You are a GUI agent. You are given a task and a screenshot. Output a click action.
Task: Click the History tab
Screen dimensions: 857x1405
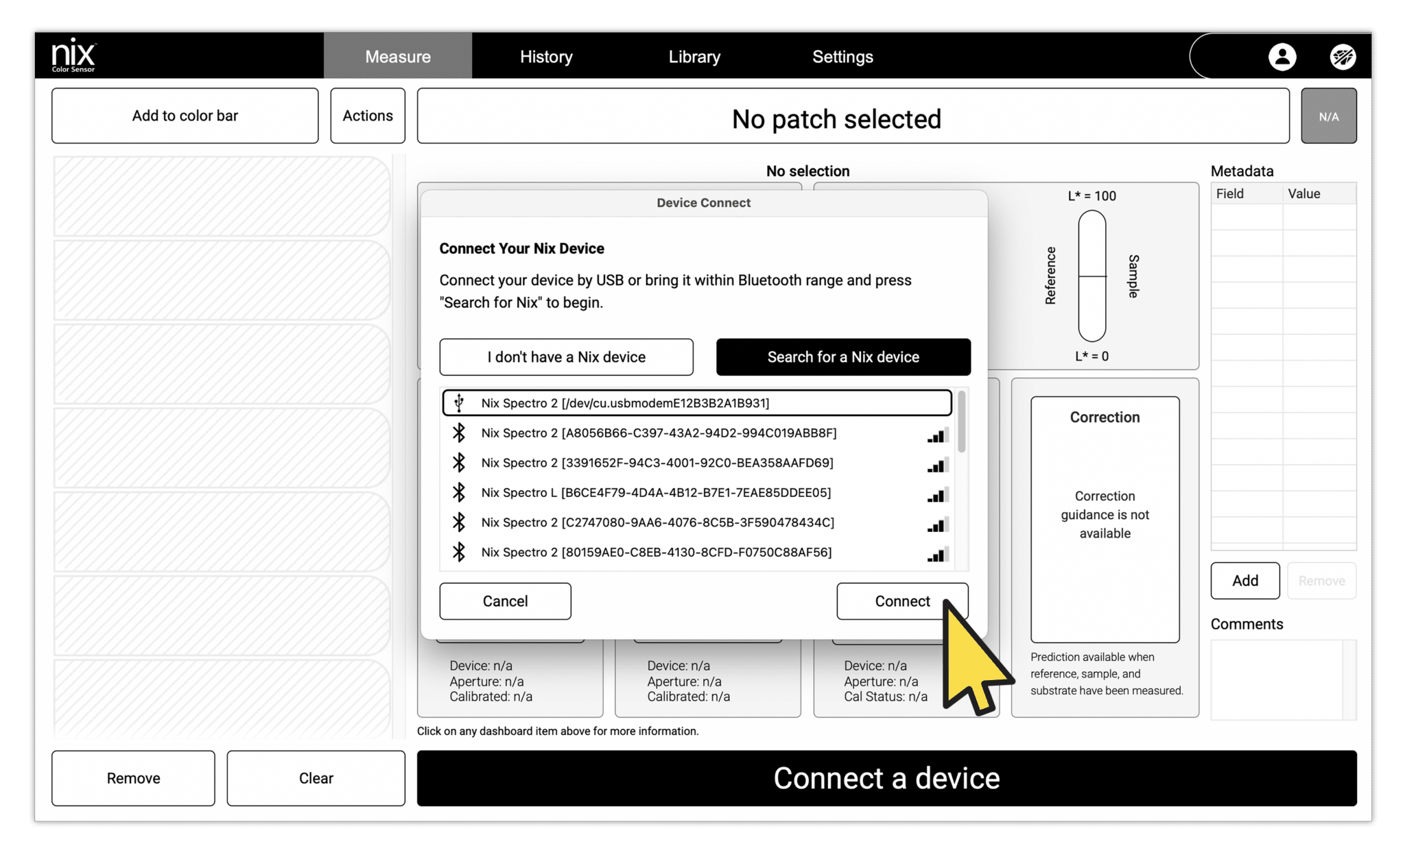click(x=546, y=56)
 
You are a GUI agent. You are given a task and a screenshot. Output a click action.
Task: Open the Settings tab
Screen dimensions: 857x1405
click(x=842, y=56)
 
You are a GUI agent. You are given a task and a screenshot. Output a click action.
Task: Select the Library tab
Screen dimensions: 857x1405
click(x=694, y=56)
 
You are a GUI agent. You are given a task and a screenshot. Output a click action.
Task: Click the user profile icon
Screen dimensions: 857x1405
click(x=1282, y=57)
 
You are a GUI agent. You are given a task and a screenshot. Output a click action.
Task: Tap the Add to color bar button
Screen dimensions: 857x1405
click(x=185, y=115)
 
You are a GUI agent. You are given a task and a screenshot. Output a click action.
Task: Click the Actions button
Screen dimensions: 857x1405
click(x=368, y=115)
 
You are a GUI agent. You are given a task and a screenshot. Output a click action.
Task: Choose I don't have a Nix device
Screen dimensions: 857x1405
click(x=566, y=357)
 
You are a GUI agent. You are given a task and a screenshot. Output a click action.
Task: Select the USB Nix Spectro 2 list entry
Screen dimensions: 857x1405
click(x=696, y=403)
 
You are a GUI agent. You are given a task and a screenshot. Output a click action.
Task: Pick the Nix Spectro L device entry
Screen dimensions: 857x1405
click(x=655, y=492)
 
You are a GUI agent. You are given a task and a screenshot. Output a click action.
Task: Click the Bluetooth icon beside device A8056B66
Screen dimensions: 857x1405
click(x=459, y=433)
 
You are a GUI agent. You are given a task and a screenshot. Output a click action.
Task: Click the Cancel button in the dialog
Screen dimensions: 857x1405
click(x=505, y=601)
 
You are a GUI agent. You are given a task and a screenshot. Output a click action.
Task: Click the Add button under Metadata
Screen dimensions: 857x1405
click(x=1244, y=581)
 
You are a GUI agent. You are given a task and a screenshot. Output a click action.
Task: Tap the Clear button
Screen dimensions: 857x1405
click(x=316, y=778)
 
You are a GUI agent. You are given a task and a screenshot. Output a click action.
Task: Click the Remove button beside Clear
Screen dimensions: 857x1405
click(x=133, y=778)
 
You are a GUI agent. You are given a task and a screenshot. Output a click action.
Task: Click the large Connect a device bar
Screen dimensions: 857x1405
click(x=886, y=778)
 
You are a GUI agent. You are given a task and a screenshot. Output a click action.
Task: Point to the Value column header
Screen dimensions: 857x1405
click(x=1304, y=193)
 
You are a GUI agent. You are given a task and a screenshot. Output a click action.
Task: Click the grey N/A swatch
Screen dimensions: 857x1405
click(x=1328, y=116)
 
